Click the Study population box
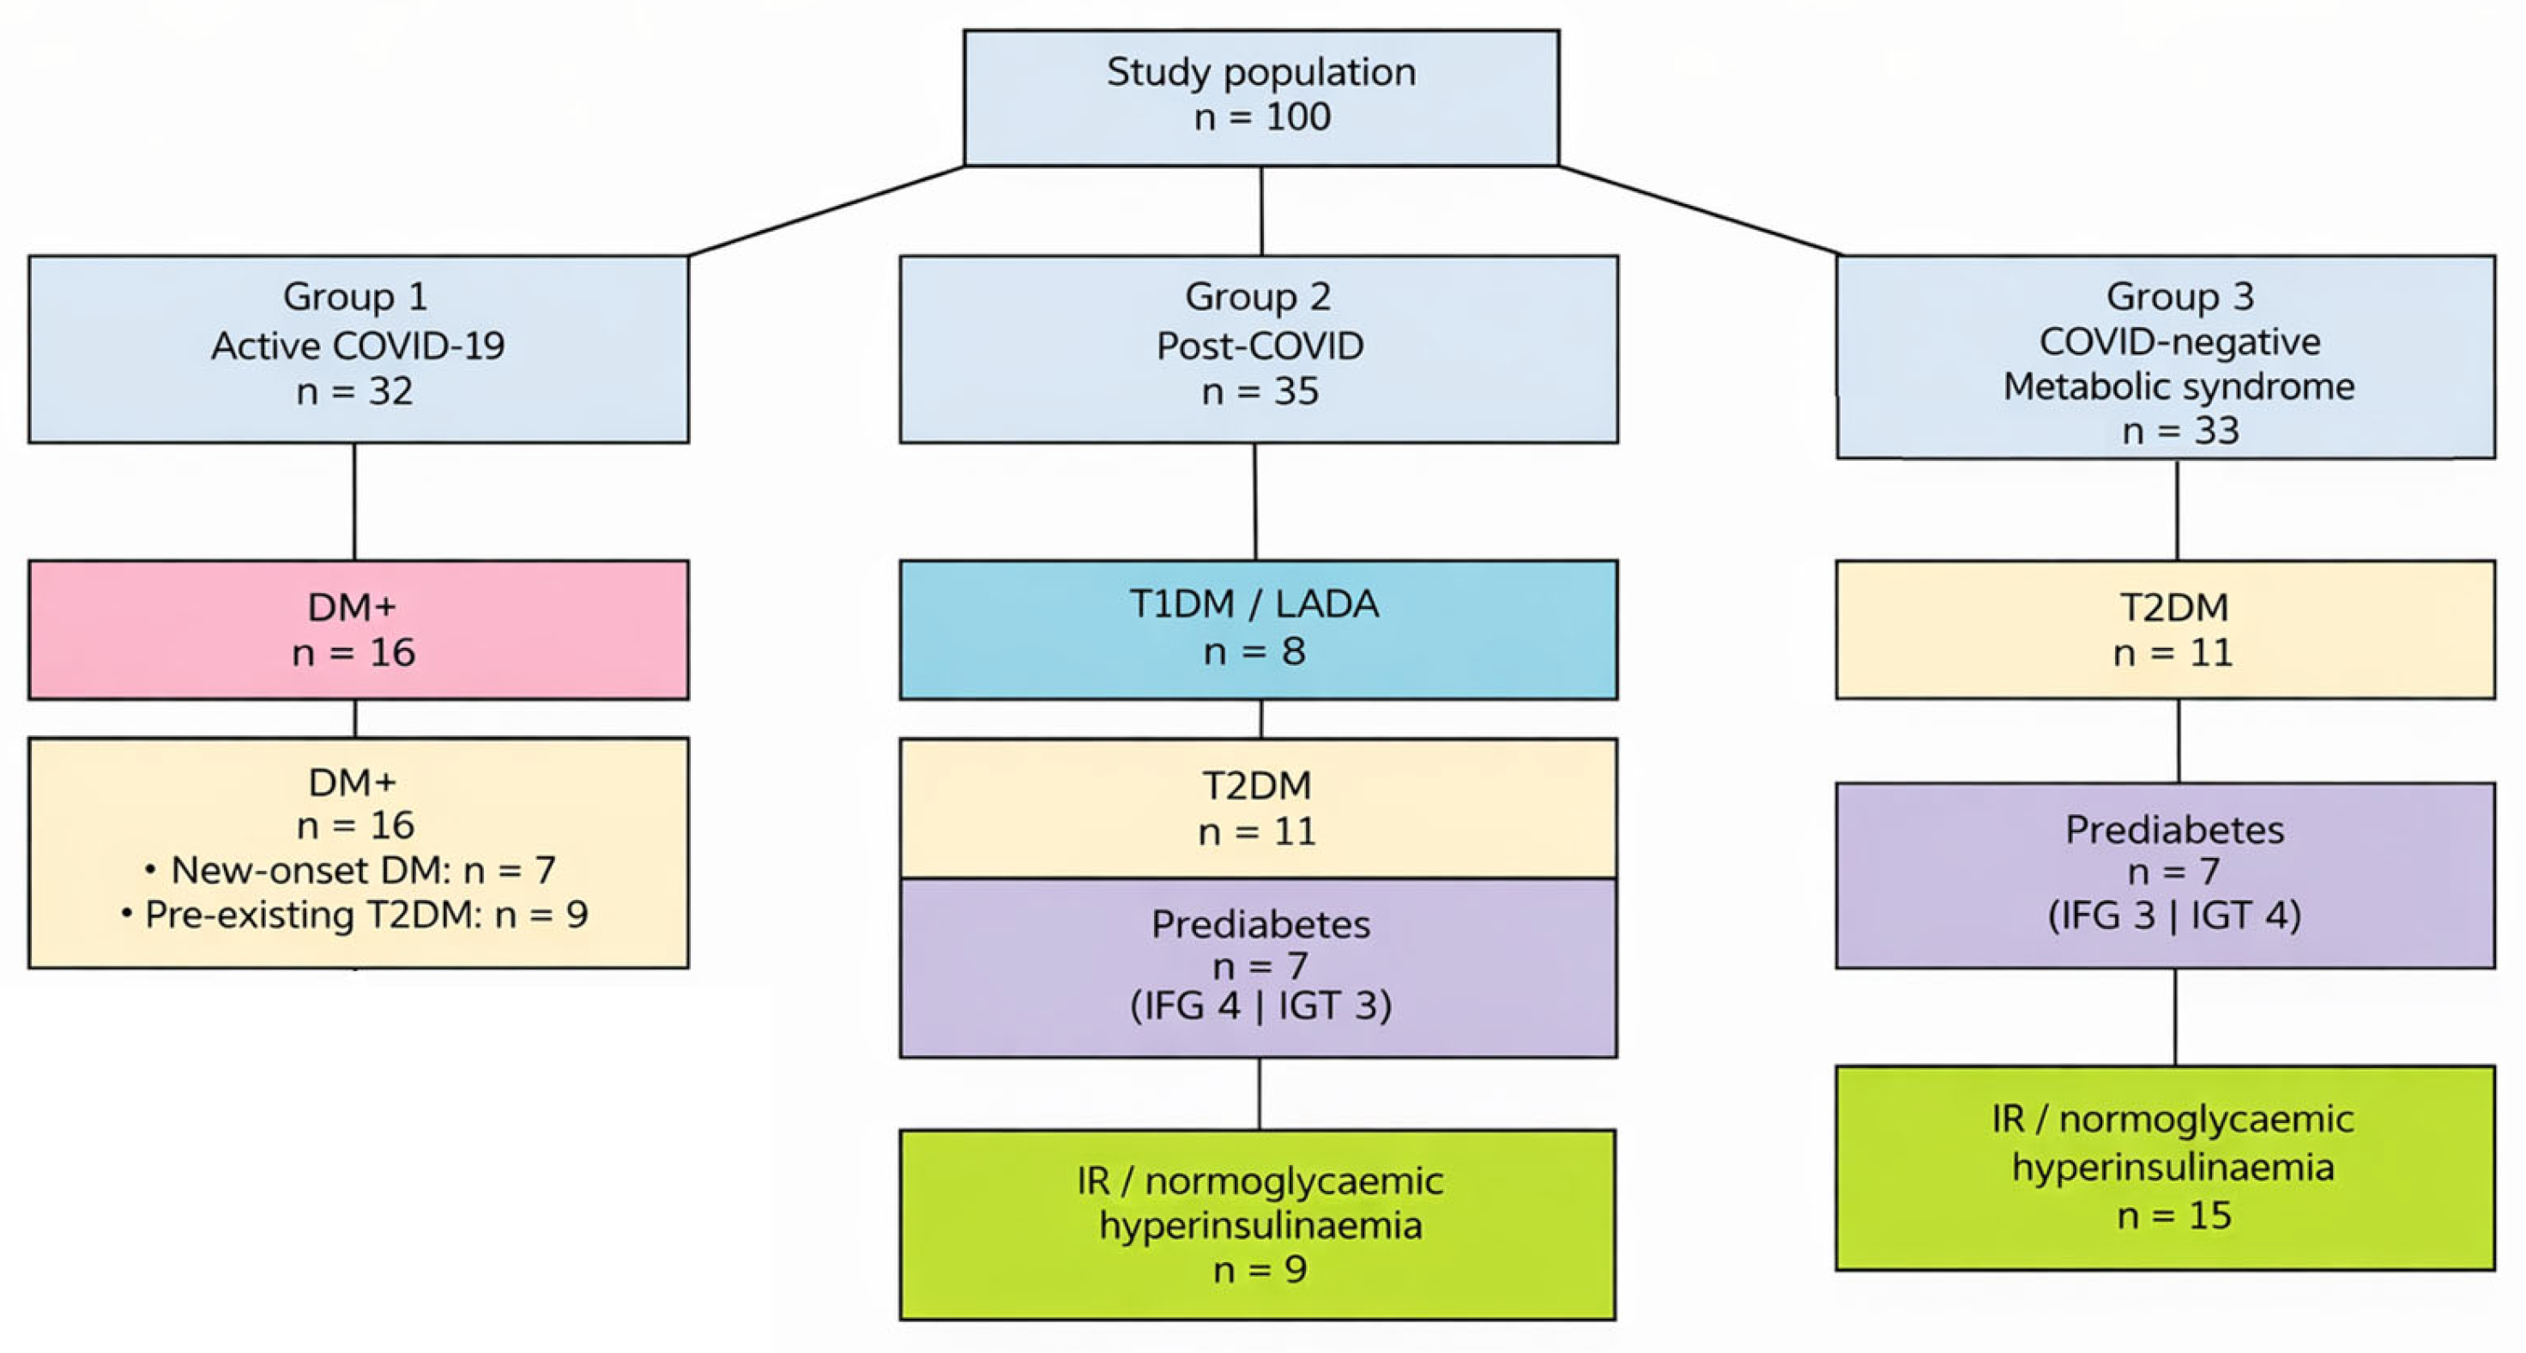(x=1261, y=97)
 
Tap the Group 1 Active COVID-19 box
(x=358, y=349)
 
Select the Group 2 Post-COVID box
(x=1258, y=349)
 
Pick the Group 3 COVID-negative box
(x=2165, y=356)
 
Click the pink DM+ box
(x=358, y=630)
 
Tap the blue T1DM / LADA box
(x=1258, y=630)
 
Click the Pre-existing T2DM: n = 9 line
(x=355, y=915)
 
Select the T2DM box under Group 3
(x=2165, y=630)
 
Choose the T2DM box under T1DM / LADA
(x=1258, y=808)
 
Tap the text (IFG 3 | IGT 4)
(x=2174, y=915)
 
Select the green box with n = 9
(x=1258, y=1224)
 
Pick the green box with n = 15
(x=2165, y=1168)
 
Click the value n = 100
(x=1262, y=118)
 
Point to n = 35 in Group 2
(x=1260, y=391)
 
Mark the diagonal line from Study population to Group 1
(x=826, y=211)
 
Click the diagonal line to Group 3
(x=1700, y=211)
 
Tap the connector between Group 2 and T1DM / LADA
(x=1255, y=501)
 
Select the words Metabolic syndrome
(x=2178, y=386)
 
